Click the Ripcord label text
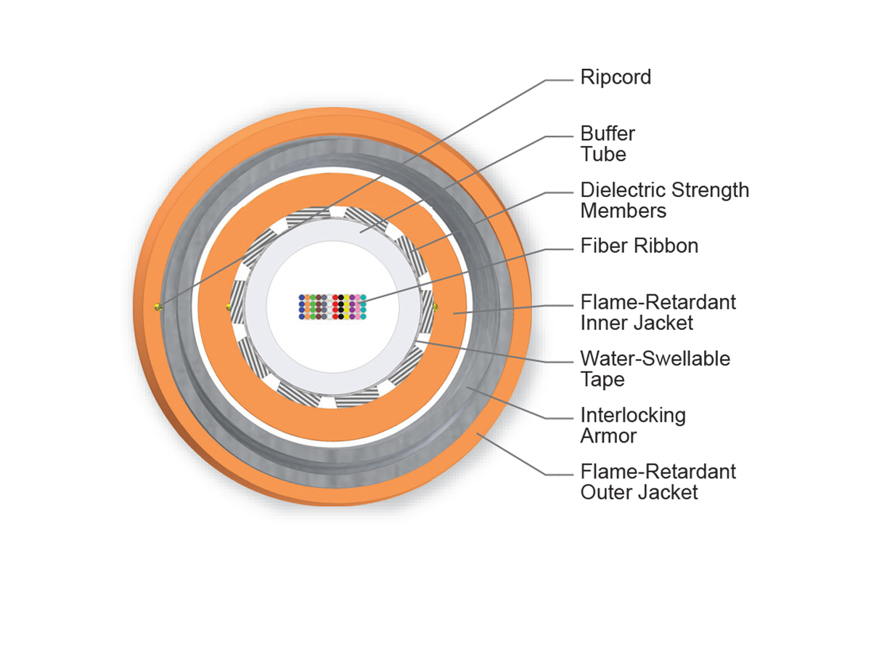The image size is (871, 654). click(x=616, y=78)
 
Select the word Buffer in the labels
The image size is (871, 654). click(x=608, y=134)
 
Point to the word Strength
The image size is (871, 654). click(x=709, y=190)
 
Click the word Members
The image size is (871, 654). click(x=623, y=211)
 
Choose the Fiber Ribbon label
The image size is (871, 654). click(x=639, y=246)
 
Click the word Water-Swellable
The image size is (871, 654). click(x=655, y=359)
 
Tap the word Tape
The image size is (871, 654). click(x=602, y=379)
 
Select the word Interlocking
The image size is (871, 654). click(x=632, y=416)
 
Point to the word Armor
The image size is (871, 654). click(x=608, y=436)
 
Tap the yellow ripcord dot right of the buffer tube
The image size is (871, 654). click(x=435, y=307)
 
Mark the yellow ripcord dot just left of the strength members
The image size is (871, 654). click(x=229, y=307)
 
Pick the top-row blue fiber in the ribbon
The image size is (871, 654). click(x=302, y=298)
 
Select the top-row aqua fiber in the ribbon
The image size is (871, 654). click(x=363, y=298)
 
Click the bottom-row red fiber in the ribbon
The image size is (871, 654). click(x=335, y=317)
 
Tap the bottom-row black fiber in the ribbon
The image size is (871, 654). click(x=341, y=317)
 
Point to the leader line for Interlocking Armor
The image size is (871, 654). click(x=508, y=403)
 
